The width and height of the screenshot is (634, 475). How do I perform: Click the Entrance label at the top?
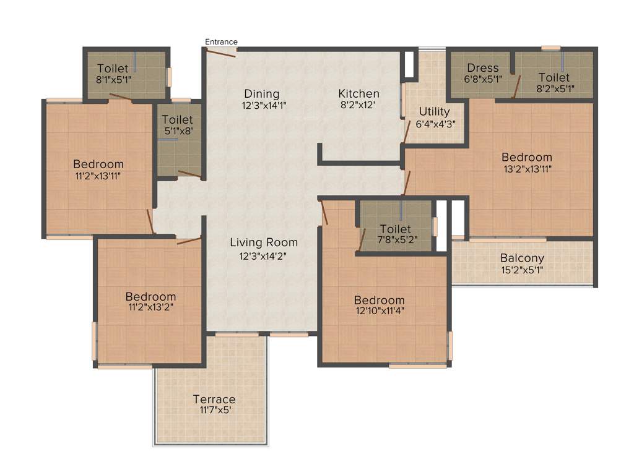[221, 42]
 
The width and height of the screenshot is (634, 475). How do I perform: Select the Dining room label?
[261, 94]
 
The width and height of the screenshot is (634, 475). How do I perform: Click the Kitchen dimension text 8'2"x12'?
[358, 105]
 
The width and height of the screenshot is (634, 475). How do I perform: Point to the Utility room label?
[434, 112]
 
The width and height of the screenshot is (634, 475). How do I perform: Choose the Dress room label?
[483, 68]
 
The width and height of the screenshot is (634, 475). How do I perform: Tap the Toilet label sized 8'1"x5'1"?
[113, 69]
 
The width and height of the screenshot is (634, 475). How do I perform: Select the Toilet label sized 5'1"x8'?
[177, 119]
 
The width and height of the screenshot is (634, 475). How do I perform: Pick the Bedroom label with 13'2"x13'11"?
[526, 157]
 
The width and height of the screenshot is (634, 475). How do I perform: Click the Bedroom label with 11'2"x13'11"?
[98, 165]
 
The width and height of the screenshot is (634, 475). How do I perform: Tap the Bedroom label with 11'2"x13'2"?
[150, 297]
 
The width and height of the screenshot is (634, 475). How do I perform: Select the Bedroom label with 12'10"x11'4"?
[379, 301]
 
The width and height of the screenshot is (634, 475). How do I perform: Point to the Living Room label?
[264, 242]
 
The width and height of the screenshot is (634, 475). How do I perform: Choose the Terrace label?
[214, 399]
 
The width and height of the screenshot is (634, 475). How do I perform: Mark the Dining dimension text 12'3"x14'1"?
[264, 105]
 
